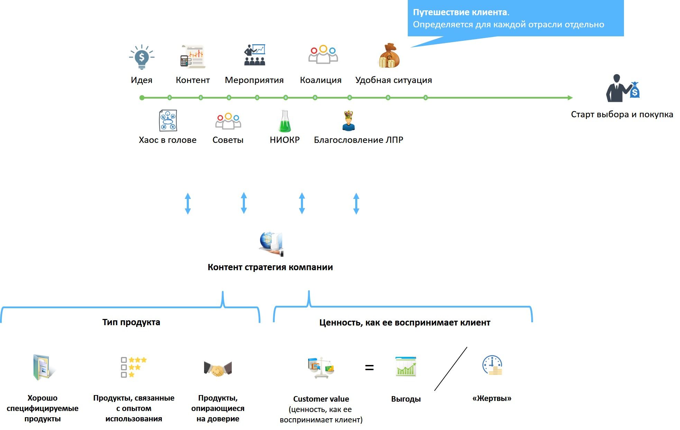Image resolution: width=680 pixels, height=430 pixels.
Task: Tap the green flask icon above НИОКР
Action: coord(285,121)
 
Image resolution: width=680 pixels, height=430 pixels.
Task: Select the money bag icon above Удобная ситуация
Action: coord(389,56)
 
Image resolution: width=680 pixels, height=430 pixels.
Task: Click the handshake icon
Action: coord(218,369)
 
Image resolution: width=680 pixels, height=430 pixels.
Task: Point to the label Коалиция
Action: coord(321,80)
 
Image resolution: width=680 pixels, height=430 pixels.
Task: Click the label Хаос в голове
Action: coord(167,140)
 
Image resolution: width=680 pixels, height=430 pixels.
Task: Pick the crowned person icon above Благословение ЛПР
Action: coord(349,121)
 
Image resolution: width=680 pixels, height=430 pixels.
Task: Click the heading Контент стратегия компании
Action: coord(270,267)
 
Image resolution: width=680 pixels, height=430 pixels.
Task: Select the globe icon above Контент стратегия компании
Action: coord(271,244)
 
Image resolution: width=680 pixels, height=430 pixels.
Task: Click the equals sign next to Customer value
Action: coord(369,368)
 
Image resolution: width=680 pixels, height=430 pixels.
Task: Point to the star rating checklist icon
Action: coord(134,367)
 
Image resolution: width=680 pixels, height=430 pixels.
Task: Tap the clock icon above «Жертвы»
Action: coord(492,365)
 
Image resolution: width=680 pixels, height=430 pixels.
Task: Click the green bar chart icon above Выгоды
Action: coord(406,366)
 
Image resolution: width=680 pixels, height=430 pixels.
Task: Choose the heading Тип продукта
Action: coord(131,322)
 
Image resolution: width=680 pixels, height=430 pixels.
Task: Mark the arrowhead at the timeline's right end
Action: coord(570,98)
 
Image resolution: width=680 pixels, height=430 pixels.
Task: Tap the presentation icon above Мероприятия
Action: coord(255,55)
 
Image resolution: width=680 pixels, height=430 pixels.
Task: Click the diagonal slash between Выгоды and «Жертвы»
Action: coord(451,369)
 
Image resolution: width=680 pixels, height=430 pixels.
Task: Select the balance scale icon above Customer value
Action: coord(321,367)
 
